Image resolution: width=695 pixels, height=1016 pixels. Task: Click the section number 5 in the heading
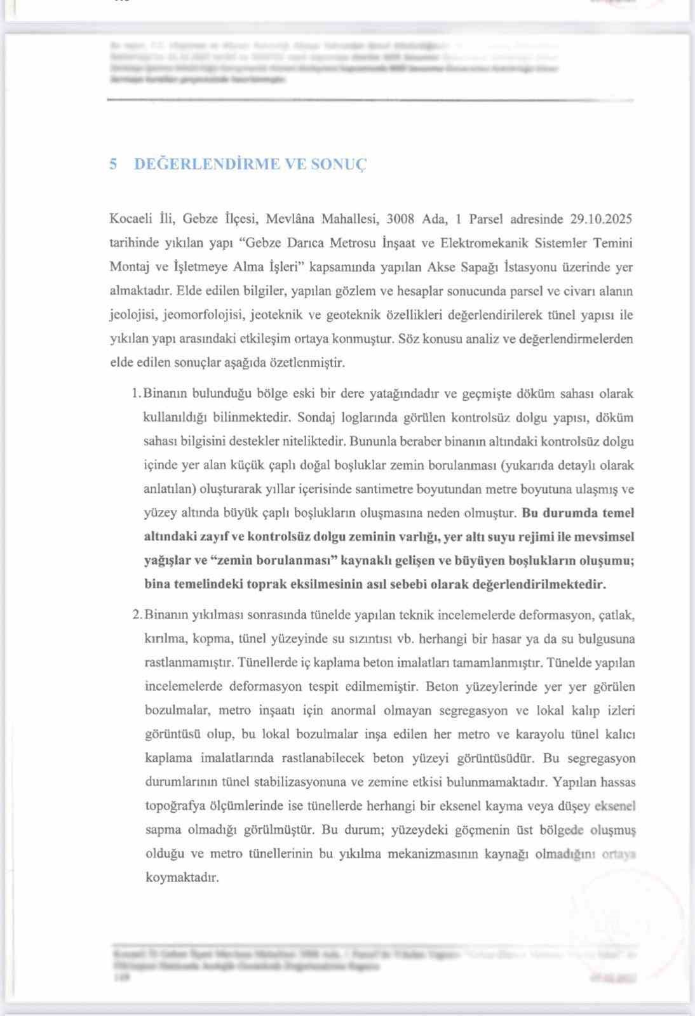point(113,164)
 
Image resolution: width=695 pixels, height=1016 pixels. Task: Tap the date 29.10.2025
point(600,220)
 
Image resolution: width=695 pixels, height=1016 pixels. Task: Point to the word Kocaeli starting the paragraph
point(131,220)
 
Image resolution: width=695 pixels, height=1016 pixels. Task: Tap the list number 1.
point(135,394)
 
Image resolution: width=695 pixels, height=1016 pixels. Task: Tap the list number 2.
point(136,615)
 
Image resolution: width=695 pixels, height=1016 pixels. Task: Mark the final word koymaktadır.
point(182,878)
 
